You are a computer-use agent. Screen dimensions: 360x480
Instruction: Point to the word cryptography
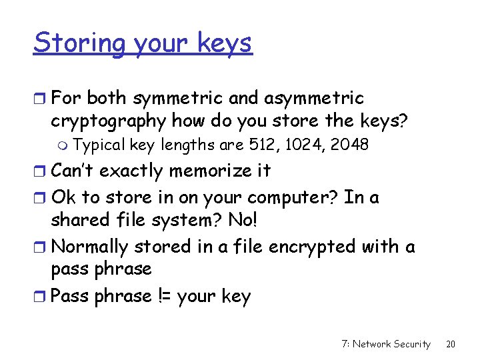109,121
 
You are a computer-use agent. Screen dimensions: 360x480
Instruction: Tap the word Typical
99,145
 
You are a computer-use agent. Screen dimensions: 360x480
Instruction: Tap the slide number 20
450,344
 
